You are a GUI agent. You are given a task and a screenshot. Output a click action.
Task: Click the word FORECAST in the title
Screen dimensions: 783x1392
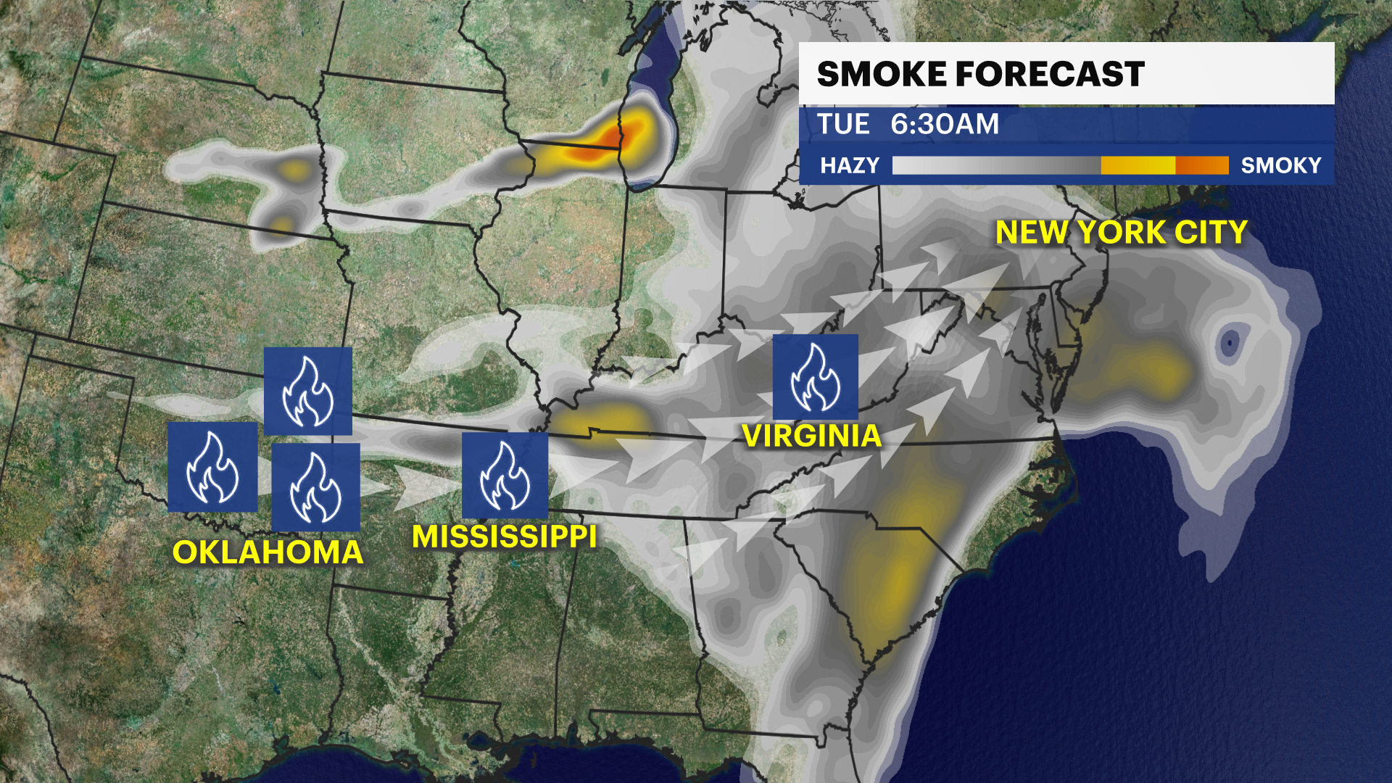1049,74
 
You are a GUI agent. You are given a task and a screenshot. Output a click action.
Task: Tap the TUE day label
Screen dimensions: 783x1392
843,124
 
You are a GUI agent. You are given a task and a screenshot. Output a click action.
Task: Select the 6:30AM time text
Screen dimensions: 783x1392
945,124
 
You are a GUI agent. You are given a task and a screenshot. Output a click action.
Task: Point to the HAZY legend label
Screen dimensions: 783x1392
849,165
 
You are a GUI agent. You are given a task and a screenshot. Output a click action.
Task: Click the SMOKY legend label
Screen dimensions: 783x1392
1281,165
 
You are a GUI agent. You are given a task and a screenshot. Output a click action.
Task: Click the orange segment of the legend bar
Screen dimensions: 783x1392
1201,165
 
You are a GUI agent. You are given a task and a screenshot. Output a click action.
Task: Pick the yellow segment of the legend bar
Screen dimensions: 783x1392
1138,165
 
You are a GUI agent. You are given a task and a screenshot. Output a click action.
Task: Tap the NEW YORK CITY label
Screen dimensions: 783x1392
1121,232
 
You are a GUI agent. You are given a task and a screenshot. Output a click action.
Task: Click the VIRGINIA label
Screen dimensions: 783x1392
812,436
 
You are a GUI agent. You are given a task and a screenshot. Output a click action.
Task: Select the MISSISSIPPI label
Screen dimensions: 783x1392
504,536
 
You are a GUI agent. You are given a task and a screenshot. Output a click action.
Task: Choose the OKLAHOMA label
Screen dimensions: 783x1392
268,552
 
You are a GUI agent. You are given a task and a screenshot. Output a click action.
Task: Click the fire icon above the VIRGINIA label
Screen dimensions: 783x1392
815,377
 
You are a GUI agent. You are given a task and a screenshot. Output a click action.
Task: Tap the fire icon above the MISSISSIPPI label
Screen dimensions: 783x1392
505,476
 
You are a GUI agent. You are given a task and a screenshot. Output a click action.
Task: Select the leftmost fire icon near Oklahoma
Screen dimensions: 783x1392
212,467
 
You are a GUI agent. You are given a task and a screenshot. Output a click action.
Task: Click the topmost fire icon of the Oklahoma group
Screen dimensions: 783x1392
307,391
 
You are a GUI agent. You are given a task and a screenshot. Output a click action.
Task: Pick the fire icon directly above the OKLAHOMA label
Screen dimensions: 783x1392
315,486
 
